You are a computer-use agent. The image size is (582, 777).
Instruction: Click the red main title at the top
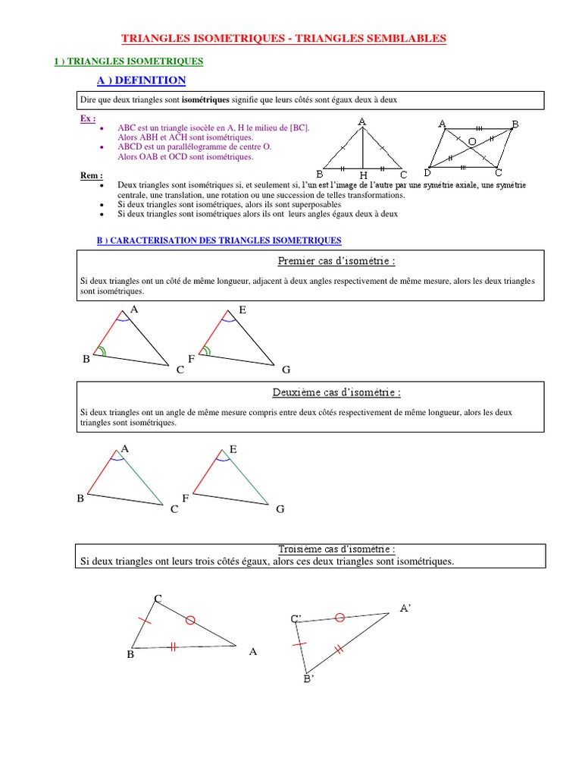[x=284, y=37]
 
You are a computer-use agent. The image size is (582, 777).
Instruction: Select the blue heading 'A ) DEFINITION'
[x=141, y=80]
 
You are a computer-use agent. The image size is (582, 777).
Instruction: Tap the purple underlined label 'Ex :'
[x=88, y=119]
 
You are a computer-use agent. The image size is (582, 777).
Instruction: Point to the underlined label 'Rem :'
[x=91, y=176]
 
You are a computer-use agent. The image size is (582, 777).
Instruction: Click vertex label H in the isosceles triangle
[x=363, y=175]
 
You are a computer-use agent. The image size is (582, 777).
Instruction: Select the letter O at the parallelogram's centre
[x=471, y=142]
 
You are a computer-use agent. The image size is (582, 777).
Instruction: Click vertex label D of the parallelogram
[x=427, y=173]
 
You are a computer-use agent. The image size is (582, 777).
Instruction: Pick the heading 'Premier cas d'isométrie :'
[x=336, y=261]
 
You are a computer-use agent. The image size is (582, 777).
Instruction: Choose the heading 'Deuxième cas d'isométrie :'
[x=336, y=392]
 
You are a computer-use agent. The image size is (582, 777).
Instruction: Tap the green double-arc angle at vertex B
[x=101, y=351]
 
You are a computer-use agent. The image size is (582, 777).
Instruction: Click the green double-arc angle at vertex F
[x=207, y=351]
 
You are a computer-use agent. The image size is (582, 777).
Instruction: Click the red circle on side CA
[x=190, y=620]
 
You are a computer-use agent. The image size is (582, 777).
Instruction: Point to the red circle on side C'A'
[x=340, y=618]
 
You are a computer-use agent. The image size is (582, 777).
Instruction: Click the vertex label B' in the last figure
[x=308, y=679]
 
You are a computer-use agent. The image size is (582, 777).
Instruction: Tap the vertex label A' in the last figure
[x=405, y=608]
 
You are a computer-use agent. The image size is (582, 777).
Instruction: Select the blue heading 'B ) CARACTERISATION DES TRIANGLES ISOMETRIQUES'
[x=218, y=241]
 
